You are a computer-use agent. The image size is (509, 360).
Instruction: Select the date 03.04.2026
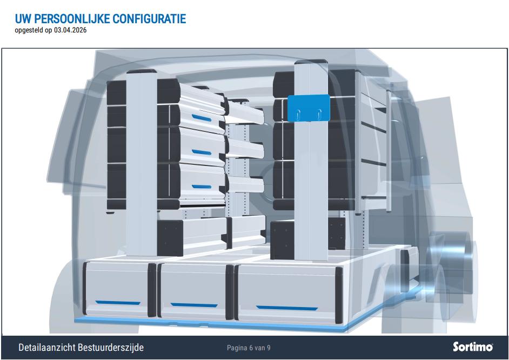click(70, 30)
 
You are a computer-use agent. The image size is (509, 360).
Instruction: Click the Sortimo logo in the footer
click(473, 346)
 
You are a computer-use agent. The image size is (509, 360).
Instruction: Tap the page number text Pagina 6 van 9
click(249, 348)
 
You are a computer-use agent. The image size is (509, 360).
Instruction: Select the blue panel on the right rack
click(309, 108)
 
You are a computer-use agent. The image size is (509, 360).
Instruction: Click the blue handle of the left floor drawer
click(118, 303)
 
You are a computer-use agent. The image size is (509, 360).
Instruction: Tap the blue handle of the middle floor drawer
click(194, 305)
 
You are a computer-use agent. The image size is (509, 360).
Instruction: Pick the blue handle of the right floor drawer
click(287, 308)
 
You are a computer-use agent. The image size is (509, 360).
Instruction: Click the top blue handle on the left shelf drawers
click(202, 118)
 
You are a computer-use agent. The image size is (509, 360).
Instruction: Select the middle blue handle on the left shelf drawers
click(202, 152)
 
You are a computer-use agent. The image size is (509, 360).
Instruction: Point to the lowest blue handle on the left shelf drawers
click(202, 186)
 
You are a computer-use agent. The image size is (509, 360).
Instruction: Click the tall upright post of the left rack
click(142, 162)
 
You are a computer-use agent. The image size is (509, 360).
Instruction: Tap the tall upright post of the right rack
click(311, 161)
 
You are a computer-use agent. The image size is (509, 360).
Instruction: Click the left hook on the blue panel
click(298, 114)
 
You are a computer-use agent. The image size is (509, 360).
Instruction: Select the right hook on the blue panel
click(319, 114)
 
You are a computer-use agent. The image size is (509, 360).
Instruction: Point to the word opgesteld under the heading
click(29, 30)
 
